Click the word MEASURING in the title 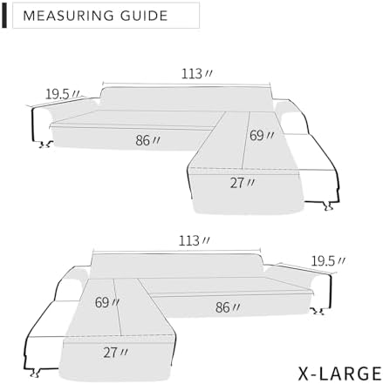point(68,16)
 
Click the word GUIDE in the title point(144,16)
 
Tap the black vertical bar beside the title point(4,16)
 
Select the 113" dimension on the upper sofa point(197,74)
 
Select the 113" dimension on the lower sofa point(194,240)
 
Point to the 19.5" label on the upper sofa point(62,94)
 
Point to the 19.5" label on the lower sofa point(328,261)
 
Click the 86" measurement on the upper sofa point(147,140)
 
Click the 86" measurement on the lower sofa point(228,307)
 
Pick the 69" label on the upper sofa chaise point(262,135)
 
